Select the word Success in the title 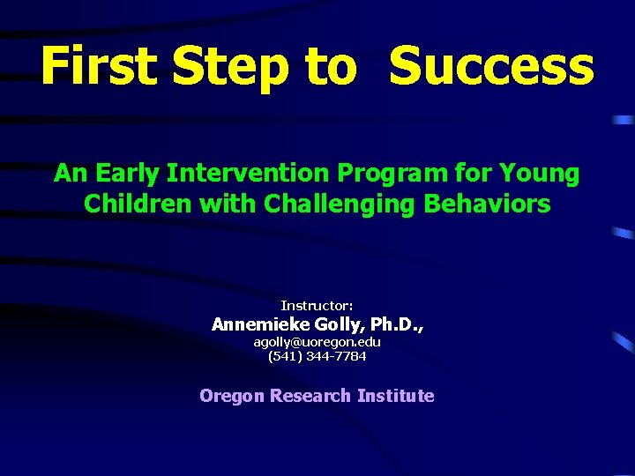coord(491,67)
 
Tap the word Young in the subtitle coord(539,174)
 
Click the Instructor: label coord(317,305)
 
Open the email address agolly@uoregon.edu coord(317,341)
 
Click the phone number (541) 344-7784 coord(317,356)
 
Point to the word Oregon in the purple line coord(232,396)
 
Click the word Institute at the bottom coord(395,396)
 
